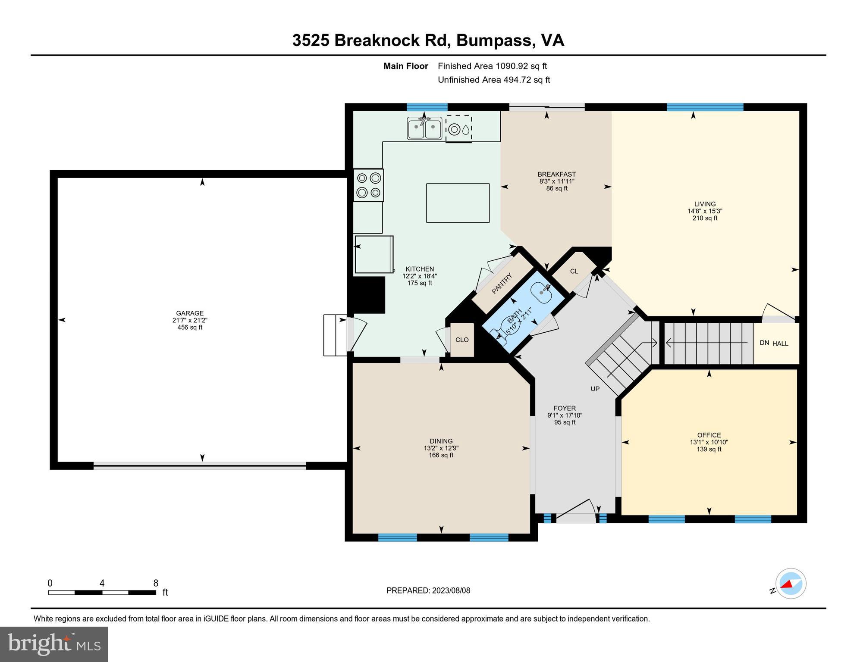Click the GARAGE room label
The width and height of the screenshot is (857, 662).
(190, 313)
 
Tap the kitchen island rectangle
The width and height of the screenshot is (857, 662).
(458, 203)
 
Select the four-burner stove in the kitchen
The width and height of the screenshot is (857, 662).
(368, 185)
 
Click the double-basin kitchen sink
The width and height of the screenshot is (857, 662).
(424, 128)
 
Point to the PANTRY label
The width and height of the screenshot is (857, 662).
(502, 283)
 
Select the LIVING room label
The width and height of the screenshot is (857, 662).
(705, 204)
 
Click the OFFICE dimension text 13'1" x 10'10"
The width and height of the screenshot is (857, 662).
(709, 442)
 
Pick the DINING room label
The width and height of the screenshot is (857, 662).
(441, 441)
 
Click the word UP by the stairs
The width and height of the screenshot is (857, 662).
(595, 389)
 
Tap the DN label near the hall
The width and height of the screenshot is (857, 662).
(764, 343)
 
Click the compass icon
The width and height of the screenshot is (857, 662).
(791, 584)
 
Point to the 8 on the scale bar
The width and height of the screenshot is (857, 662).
(156, 583)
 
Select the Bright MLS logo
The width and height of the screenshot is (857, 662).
(54, 644)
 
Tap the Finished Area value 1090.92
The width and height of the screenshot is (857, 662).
(512, 66)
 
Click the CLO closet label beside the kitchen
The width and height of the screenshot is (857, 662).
(462, 340)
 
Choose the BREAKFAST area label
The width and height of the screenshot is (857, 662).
(556, 174)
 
